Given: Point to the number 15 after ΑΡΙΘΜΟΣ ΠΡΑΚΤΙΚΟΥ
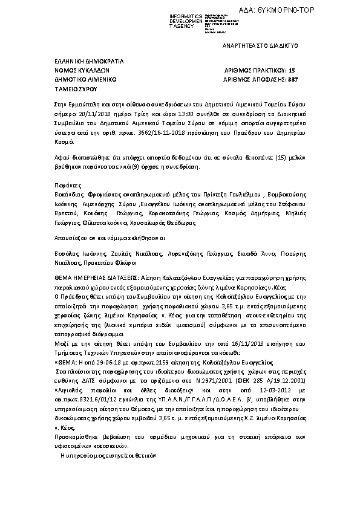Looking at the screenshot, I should tap(292, 70).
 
